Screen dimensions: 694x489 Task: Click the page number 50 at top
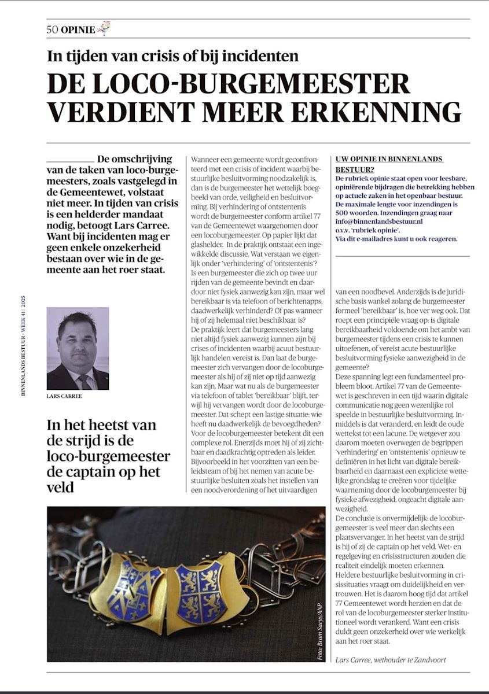pos(53,29)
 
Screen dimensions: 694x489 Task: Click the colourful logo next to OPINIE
pos(104,28)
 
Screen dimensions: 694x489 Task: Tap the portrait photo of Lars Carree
pos(78,348)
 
